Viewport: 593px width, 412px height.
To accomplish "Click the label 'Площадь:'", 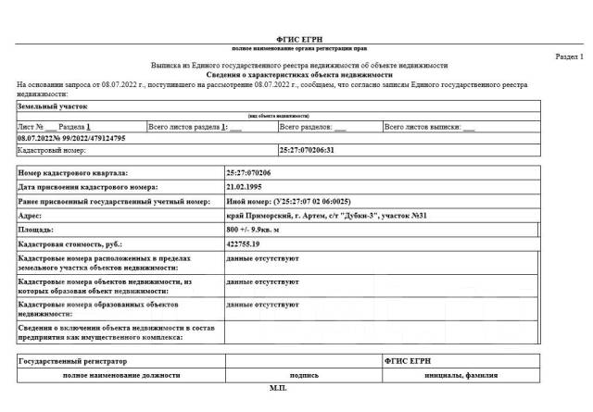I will [x=37, y=227].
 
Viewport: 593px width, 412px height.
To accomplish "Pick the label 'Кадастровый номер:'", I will [x=52, y=149].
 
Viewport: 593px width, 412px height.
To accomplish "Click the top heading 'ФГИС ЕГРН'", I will [x=297, y=37].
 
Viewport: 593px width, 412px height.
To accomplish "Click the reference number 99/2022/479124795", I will [x=88, y=137].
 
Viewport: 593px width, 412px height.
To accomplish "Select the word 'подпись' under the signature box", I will [x=303, y=377].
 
